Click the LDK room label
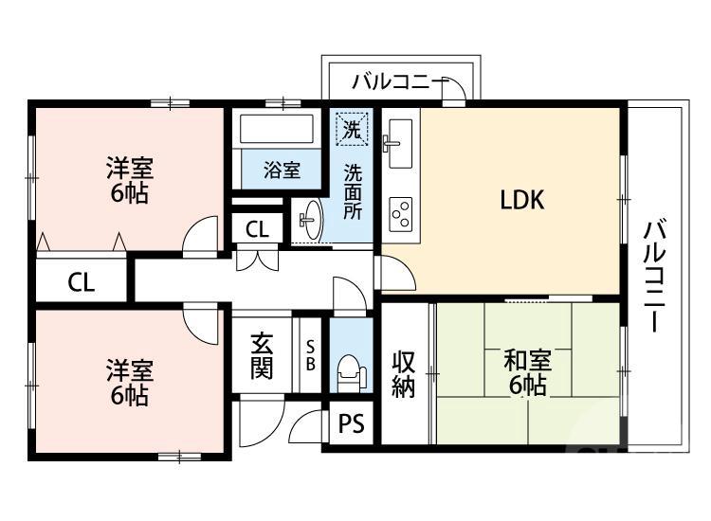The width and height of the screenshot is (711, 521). [x=521, y=201]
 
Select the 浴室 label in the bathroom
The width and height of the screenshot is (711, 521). [x=282, y=171]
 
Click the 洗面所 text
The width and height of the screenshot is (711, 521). [x=353, y=192]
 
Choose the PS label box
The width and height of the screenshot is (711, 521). [x=352, y=424]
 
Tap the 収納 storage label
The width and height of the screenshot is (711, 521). [x=405, y=373]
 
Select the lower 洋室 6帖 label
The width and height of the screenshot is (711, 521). [x=129, y=381]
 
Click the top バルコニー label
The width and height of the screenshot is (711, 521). [x=399, y=82]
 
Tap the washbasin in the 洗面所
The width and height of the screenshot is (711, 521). [x=310, y=222]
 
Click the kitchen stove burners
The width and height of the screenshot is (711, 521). [x=399, y=213]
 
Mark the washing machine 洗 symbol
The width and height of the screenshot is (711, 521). [x=351, y=130]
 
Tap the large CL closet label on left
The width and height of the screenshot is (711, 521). [x=81, y=281]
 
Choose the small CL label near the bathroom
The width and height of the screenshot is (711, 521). [x=256, y=228]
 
